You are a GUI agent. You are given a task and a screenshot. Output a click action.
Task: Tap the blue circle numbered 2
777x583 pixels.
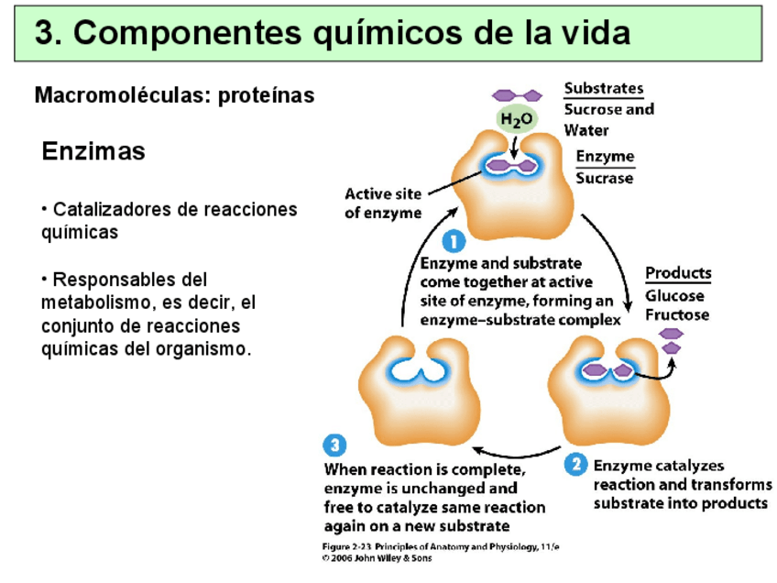point(575,465)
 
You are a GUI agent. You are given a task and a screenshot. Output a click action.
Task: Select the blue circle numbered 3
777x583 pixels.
point(334,445)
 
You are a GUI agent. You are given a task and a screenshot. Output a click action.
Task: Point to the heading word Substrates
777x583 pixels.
point(603,89)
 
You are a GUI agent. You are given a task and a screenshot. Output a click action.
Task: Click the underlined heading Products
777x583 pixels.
point(678,273)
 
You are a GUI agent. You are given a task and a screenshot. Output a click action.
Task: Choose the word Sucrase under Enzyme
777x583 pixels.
point(604,178)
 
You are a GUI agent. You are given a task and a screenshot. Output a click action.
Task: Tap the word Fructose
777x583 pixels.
point(677,314)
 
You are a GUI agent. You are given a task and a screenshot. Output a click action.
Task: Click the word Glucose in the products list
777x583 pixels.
point(675,295)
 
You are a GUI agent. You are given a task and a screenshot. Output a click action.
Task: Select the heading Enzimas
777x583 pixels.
point(93,151)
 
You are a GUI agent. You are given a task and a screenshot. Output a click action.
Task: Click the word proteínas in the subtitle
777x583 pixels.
point(266,95)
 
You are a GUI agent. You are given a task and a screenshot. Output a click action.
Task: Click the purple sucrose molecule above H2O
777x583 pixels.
point(516,94)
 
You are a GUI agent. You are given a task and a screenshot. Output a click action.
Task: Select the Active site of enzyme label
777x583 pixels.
point(383,203)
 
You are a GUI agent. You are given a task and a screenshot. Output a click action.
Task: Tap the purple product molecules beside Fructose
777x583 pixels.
point(673,340)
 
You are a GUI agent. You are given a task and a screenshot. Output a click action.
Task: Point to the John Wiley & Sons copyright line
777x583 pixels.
point(377,557)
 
